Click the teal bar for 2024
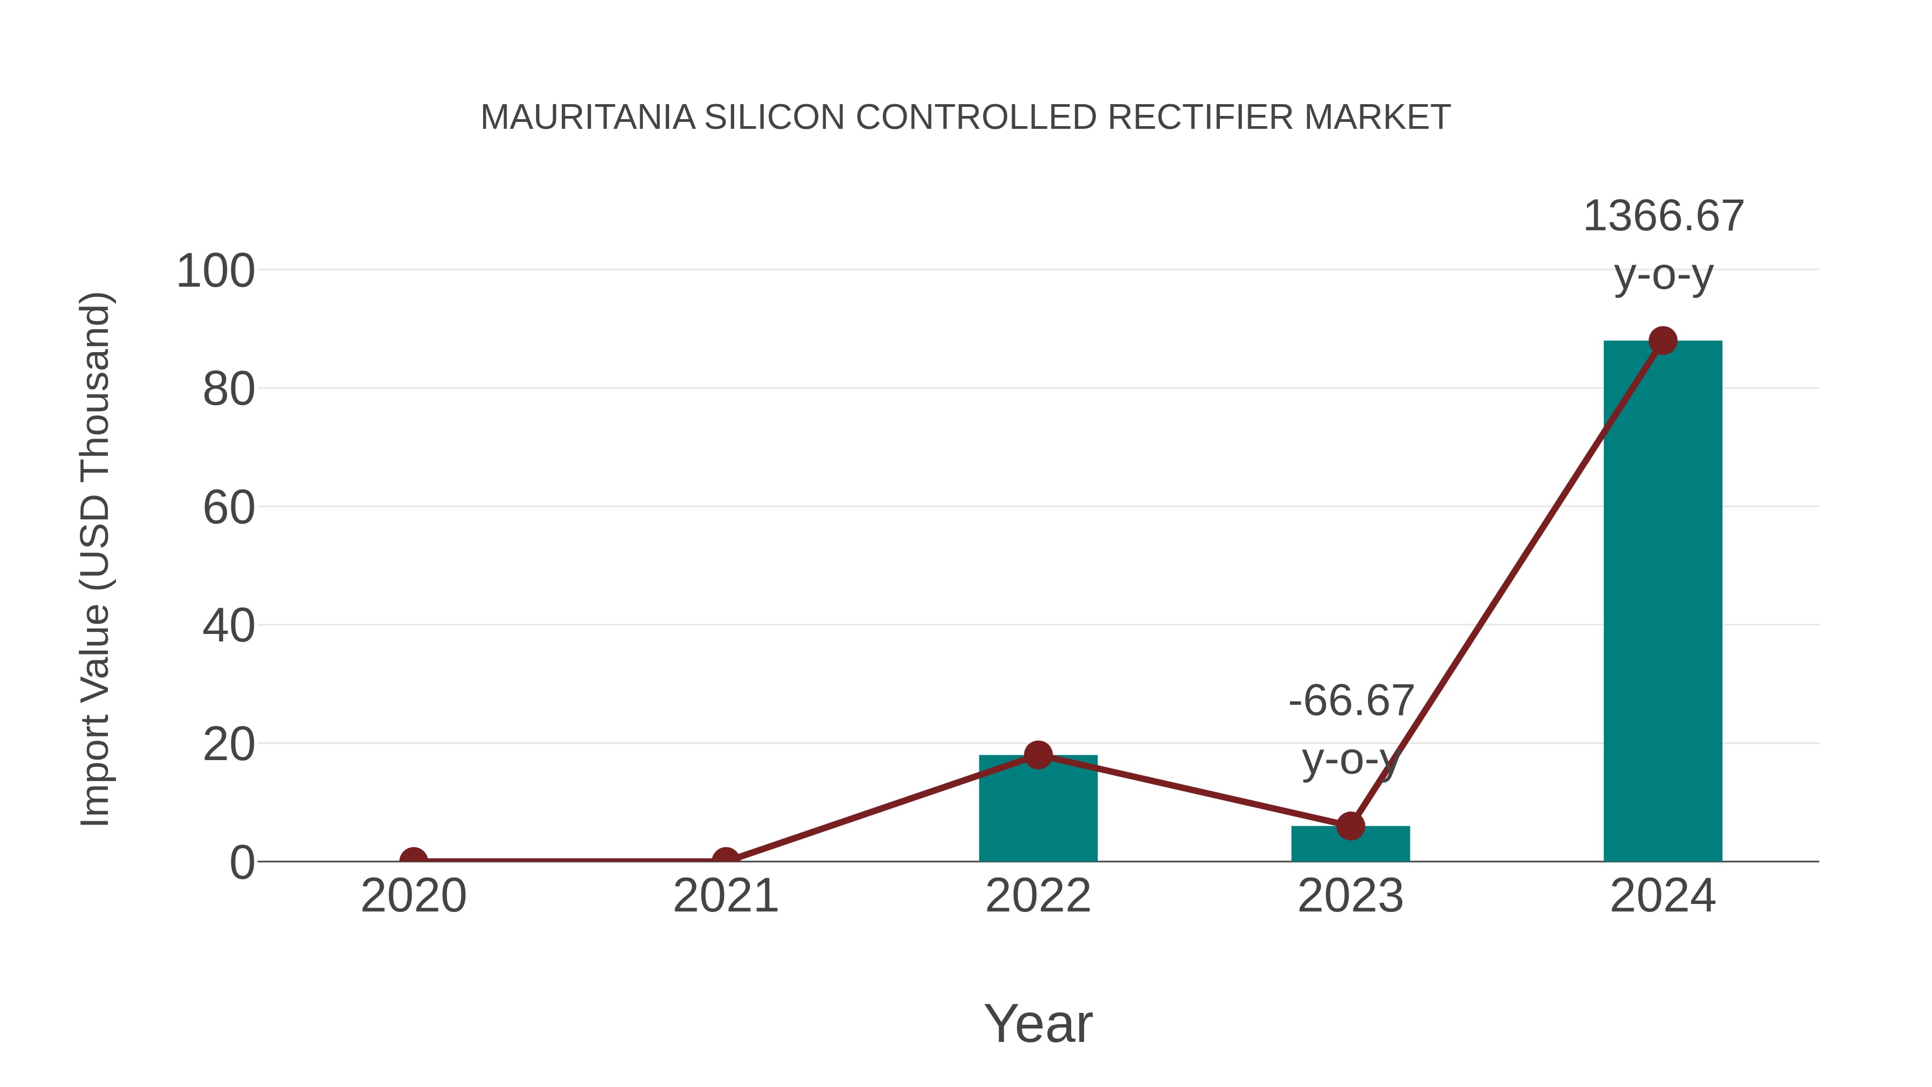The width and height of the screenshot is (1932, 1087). pos(1662,600)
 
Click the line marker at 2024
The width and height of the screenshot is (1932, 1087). pos(1663,340)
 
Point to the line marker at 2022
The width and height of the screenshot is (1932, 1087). pos(1038,755)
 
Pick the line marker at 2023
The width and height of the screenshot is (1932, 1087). pos(1350,826)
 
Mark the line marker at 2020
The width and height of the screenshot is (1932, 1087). pos(413,860)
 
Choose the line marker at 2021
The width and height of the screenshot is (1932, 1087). pos(725,860)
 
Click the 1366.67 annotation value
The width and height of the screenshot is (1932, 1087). pos(1663,217)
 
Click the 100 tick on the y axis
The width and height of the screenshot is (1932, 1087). pos(215,271)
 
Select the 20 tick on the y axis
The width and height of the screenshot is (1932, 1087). pos(229,745)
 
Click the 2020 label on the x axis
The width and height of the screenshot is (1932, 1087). pos(413,896)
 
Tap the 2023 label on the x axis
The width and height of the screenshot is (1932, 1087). pos(1350,896)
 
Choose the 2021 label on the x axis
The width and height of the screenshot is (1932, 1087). pos(725,896)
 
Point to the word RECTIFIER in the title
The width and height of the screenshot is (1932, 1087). pos(1200,118)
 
